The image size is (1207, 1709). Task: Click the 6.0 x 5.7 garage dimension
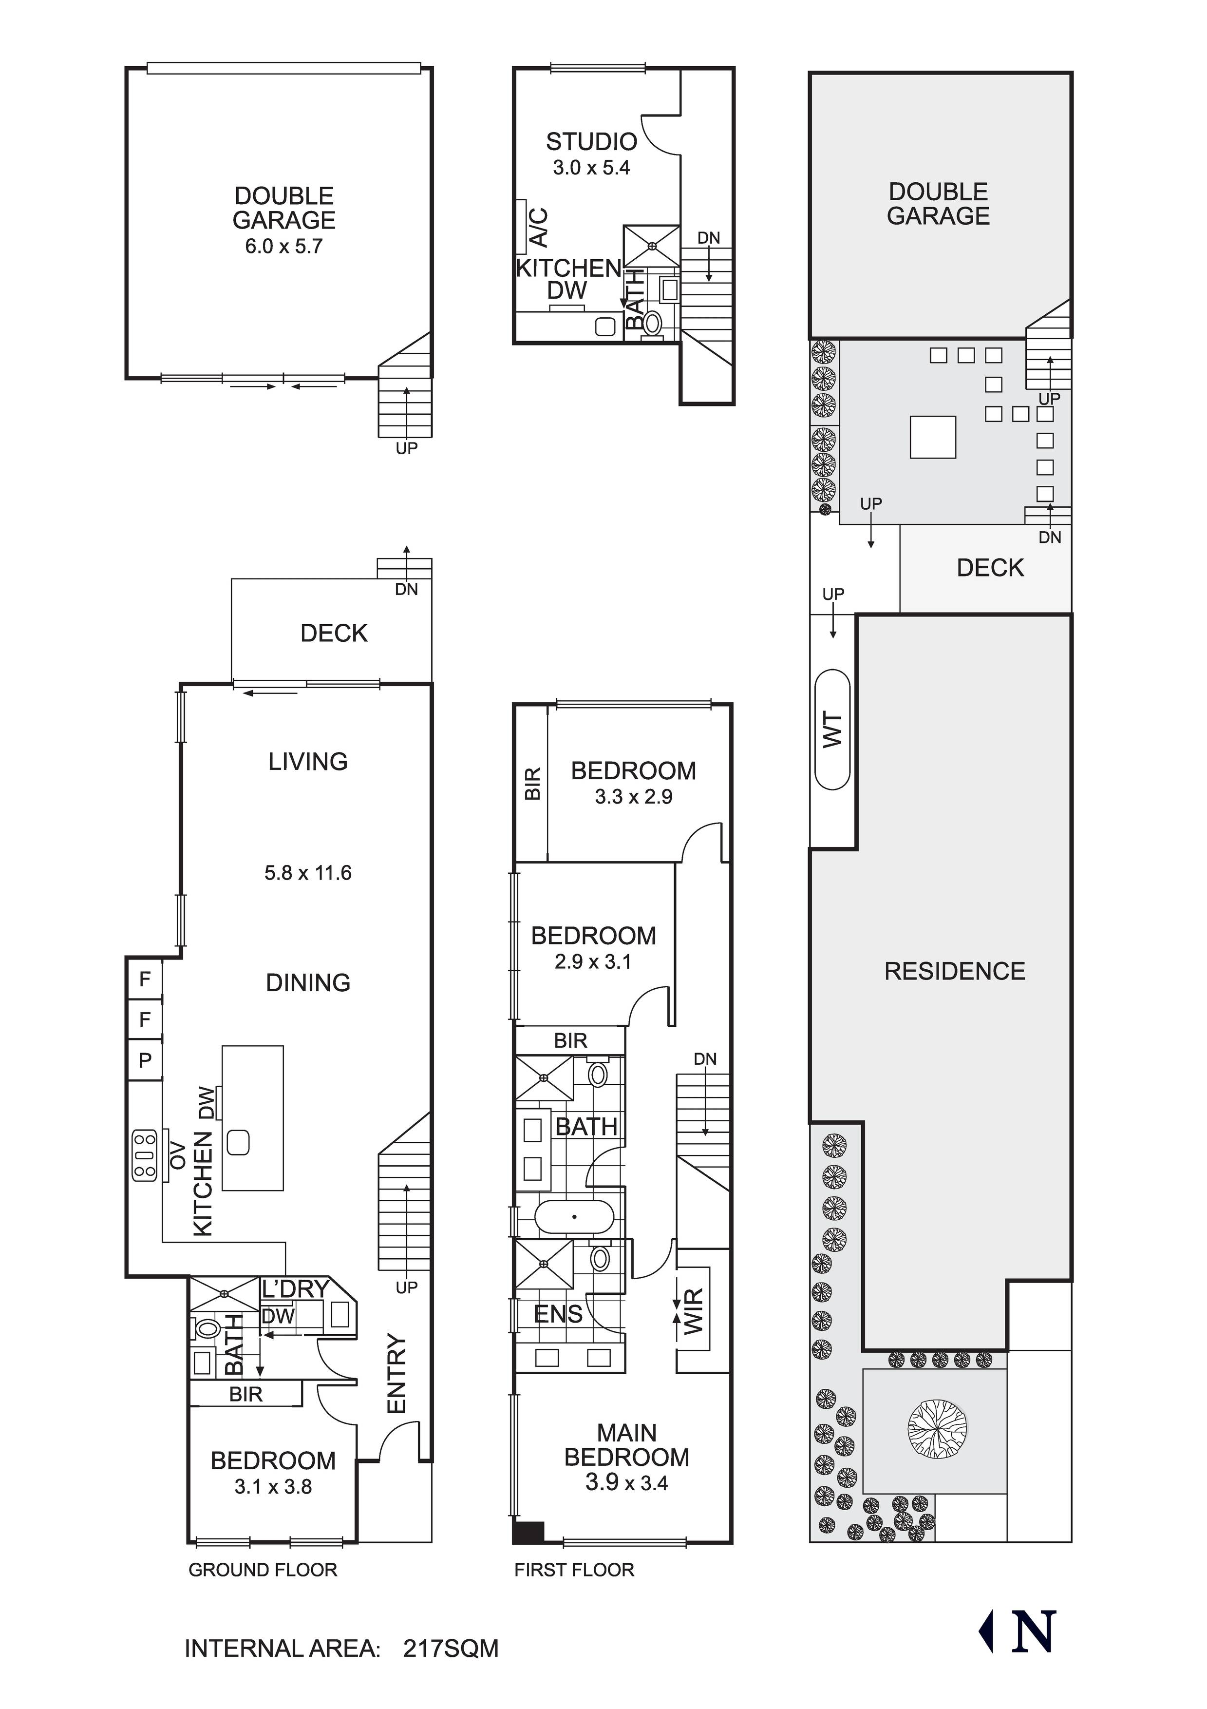click(x=283, y=247)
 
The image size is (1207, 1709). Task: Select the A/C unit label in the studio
click(x=540, y=227)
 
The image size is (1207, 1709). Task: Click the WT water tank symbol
click(x=832, y=730)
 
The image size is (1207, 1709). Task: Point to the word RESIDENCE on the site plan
click(x=954, y=971)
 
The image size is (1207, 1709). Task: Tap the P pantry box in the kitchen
click(x=145, y=1059)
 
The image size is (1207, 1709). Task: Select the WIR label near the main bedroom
click(x=692, y=1311)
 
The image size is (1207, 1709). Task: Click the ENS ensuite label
click(x=558, y=1314)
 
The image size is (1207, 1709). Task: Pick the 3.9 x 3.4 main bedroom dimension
click(x=626, y=1483)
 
